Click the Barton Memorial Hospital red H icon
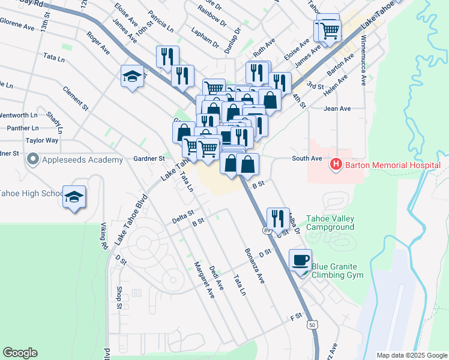[336, 163]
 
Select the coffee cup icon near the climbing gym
[300, 260]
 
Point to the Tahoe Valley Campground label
[330, 223]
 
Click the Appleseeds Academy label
[75, 160]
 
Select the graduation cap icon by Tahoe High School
[74, 197]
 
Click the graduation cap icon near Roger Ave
[133, 76]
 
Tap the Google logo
[20, 353]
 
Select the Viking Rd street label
[103, 237]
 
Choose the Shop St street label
[119, 298]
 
